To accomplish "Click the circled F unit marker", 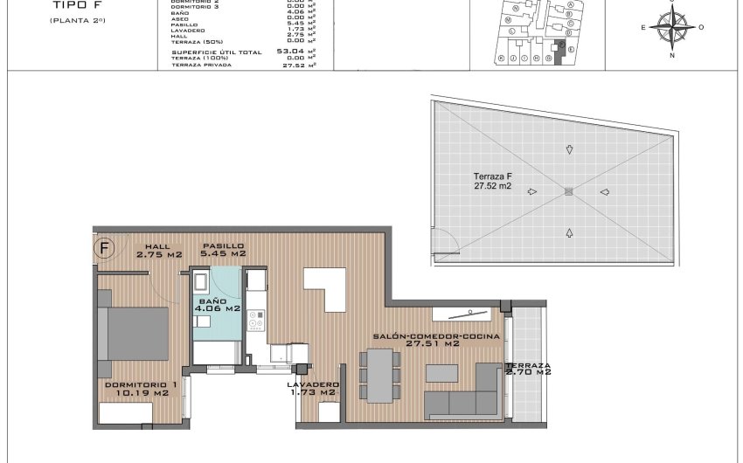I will click(x=105, y=248).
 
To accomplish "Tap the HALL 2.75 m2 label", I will click(x=157, y=250).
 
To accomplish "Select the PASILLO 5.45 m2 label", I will click(x=223, y=250).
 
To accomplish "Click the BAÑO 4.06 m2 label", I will click(x=217, y=304).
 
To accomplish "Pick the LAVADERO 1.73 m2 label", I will click(x=312, y=389).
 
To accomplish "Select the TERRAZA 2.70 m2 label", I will click(x=527, y=369).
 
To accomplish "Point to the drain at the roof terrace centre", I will click(x=568, y=192).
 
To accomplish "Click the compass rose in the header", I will click(x=672, y=29).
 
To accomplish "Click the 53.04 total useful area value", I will click(x=288, y=52).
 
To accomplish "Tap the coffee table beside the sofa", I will click(x=441, y=372).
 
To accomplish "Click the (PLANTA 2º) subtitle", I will click(x=77, y=19).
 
